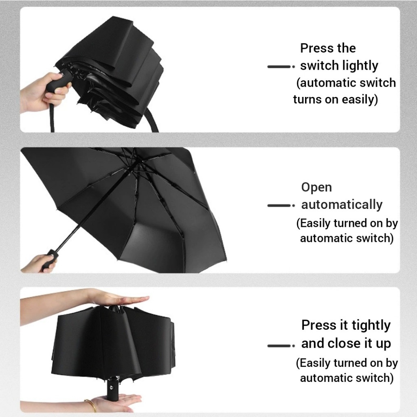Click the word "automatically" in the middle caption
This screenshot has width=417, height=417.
[342, 205]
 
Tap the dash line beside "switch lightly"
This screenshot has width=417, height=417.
[281, 66]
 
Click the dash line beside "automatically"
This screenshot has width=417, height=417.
[281, 206]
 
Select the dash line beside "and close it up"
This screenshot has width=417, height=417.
[281, 346]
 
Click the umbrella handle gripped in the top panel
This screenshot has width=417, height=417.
[59, 81]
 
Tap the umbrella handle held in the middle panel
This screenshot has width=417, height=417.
[49, 260]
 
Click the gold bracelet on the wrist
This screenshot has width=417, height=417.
[91, 406]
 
